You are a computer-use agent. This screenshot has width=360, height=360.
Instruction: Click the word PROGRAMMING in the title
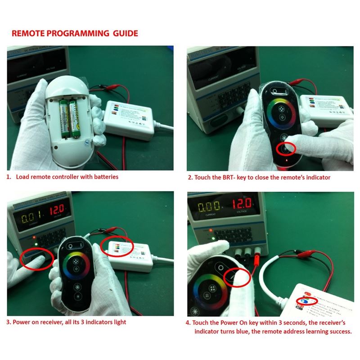pos(76,33)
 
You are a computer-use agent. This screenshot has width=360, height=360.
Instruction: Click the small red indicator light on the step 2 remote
pos(280,160)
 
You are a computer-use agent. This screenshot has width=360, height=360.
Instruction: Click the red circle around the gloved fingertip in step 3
pos(37,259)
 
